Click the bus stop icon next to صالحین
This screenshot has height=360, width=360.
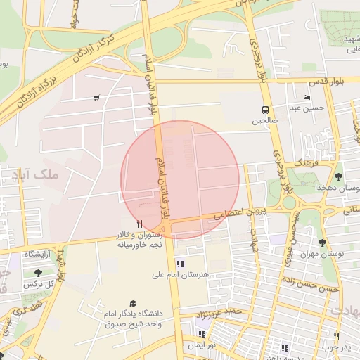265,110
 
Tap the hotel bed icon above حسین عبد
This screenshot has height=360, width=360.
306,97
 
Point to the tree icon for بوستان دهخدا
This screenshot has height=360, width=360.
339,176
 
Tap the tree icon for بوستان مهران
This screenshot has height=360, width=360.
323,243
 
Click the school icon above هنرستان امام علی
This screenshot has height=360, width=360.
180,264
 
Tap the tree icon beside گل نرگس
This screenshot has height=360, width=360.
37,273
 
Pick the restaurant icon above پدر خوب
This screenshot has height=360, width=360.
337,336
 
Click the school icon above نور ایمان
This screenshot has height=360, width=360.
202,334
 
